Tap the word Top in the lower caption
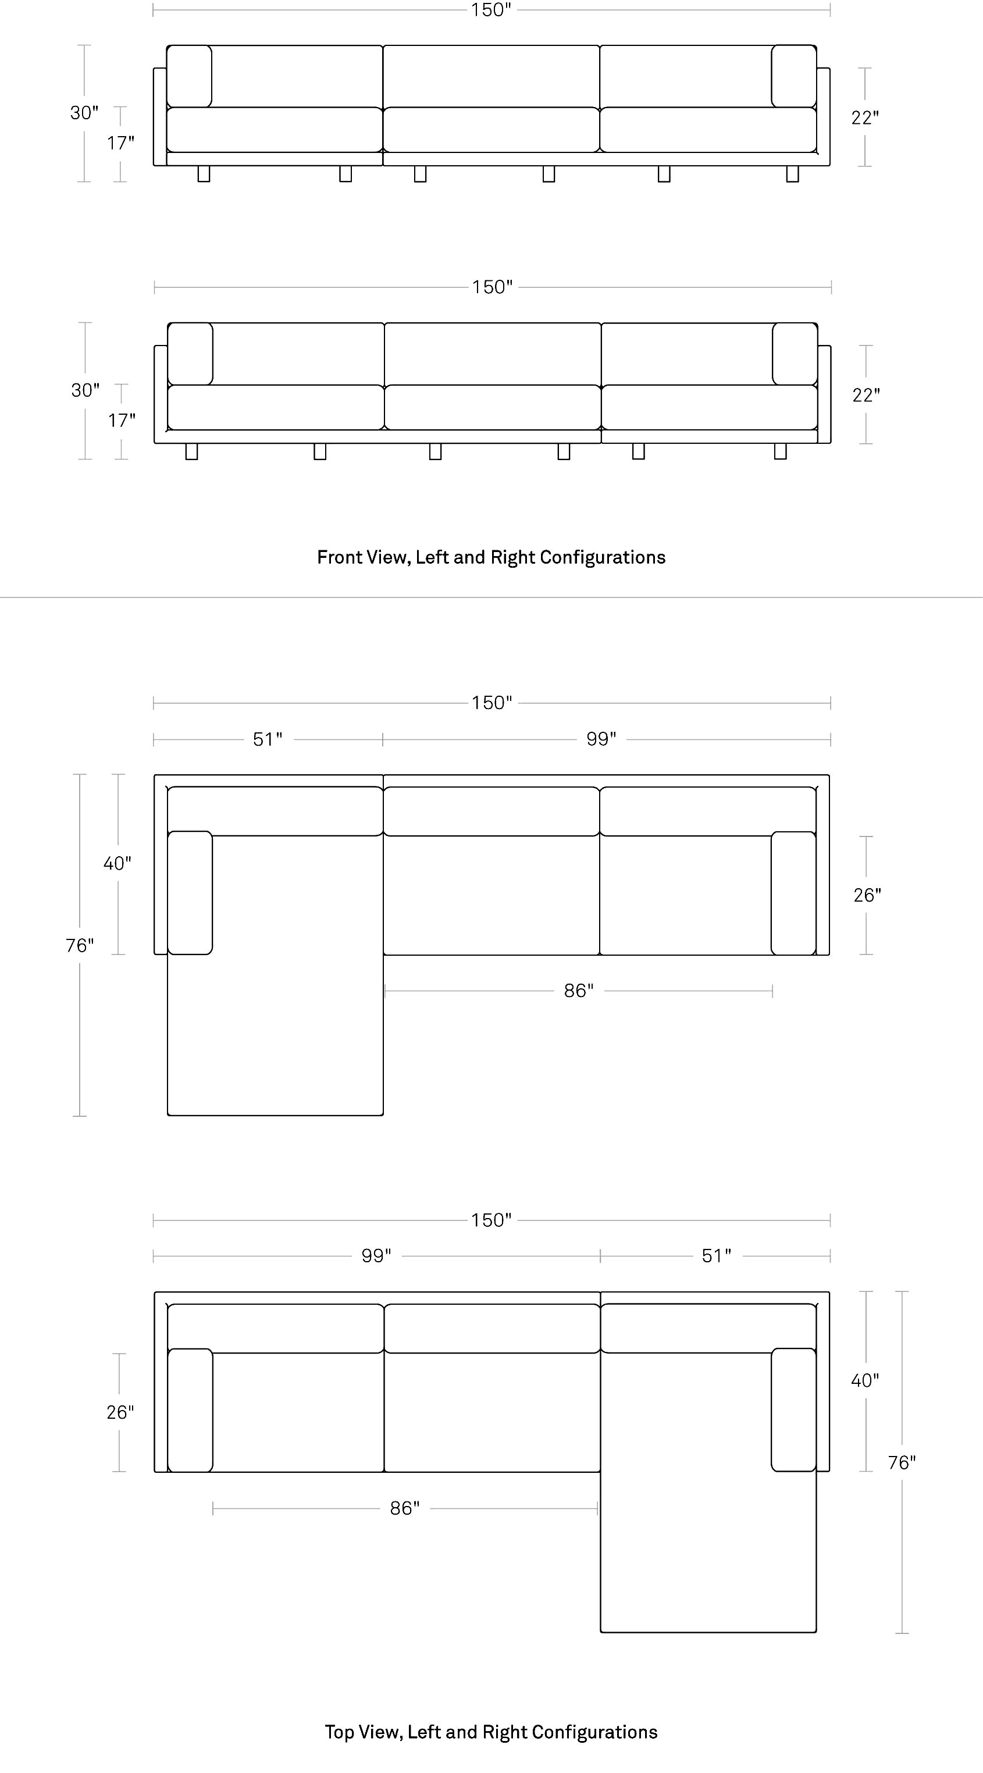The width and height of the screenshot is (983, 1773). pyautogui.click(x=339, y=1732)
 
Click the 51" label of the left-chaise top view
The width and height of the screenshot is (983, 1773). pyautogui.click(x=268, y=739)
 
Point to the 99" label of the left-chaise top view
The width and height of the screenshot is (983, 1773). pyautogui.click(x=601, y=739)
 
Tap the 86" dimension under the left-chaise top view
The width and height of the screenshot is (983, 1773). pyautogui.click(x=579, y=991)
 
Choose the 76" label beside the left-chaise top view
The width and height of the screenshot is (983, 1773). pyautogui.click(x=80, y=946)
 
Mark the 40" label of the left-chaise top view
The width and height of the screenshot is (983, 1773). pyautogui.click(x=117, y=863)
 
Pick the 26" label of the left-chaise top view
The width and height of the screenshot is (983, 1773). pyautogui.click(x=867, y=895)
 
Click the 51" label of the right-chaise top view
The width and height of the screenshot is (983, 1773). pyautogui.click(x=717, y=1256)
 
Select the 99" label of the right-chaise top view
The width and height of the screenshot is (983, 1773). pyautogui.click(x=376, y=1256)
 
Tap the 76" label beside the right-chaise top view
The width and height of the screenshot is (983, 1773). pyautogui.click(x=902, y=1462)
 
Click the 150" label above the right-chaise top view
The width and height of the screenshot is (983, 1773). pyautogui.click(x=491, y=1220)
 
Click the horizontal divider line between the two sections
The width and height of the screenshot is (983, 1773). pyautogui.click(x=491, y=597)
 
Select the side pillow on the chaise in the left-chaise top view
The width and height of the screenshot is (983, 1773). pyautogui.click(x=190, y=893)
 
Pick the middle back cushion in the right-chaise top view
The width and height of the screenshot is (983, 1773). pyautogui.click(x=492, y=1329)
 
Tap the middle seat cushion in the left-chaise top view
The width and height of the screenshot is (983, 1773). pyautogui.click(x=491, y=895)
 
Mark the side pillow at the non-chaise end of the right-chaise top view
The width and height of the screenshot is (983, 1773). pyautogui.click(x=191, y=1410)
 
